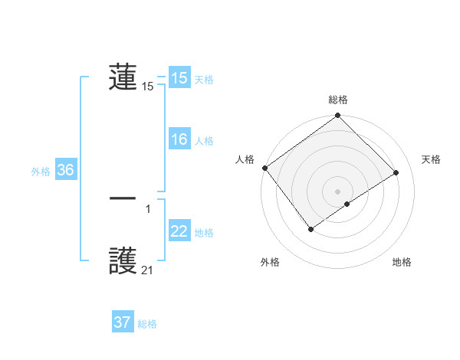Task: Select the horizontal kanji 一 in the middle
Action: tap(123, 198)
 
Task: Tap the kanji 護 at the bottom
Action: tap(123, 261)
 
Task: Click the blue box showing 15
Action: tap(179, 78)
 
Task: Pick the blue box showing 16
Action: tap(179, 139)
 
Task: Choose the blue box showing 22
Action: tap(179, 231)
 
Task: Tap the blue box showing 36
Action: tap(65, 170)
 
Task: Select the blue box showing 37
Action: tap(122, 322)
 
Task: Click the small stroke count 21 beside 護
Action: tap(147, 270)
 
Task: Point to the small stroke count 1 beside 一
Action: tap(147, 208)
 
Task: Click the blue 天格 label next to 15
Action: tap(204, 79)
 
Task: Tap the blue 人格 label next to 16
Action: tap(204, 140)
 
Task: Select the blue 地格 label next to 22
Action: tap(204, 232)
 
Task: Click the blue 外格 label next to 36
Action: tap(41, 172)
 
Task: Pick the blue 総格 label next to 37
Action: tap(147, 324)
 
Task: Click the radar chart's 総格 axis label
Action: tap(338, 100)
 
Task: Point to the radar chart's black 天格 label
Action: tap(432, 159)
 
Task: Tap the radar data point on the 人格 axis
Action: tap(264, 168)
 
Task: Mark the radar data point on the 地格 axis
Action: tap(347, 204)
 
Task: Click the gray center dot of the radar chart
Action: tap(337, 191)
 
